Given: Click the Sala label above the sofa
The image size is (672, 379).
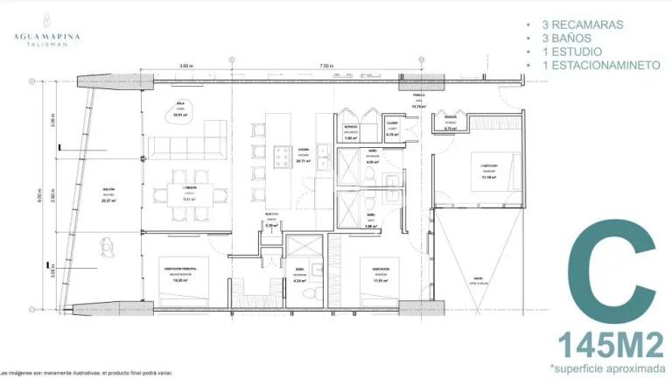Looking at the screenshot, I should (x=179, y=108).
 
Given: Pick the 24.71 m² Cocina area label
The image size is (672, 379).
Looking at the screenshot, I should (x=304, y=160).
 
